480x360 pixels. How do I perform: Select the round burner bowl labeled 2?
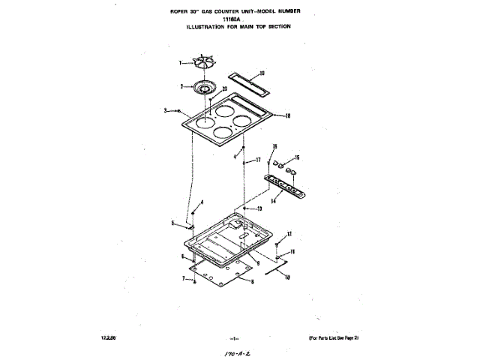coord(202,87)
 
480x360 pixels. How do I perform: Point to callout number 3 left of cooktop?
coord(166,111)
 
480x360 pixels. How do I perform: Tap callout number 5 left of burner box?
coord(172,223)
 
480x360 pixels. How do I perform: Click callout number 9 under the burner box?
coord(257,263)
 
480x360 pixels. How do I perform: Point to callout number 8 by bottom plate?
coord(252,282)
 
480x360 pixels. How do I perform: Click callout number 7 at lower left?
coord(182,279)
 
